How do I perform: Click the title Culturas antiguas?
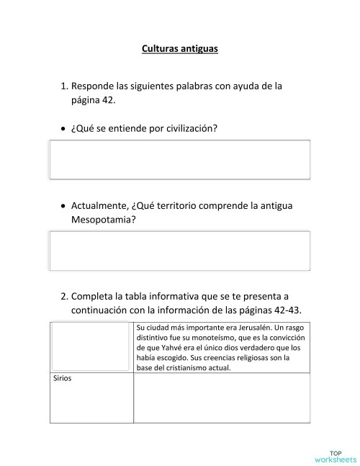coord(179,50)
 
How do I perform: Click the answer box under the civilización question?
coord(179,159)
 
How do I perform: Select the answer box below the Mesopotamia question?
coord(179,251)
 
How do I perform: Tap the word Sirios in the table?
coord(63,377)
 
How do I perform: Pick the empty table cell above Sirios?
coord(91,347)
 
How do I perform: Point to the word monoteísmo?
coord(204,337)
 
